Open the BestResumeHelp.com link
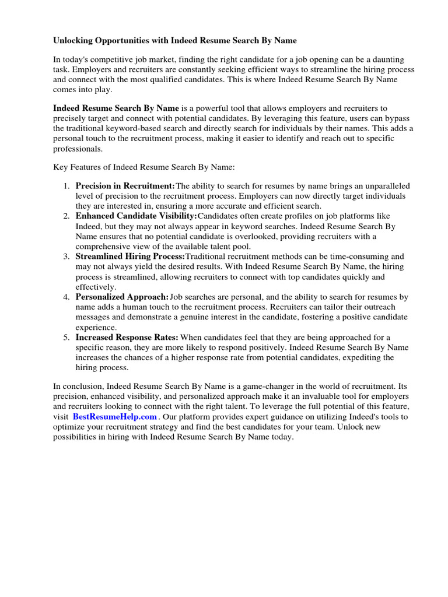coord(115,417)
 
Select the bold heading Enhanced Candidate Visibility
coord(136,216)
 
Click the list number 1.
coord(65,186)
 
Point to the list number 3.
coord(65,257)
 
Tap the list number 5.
coord(65,338)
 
